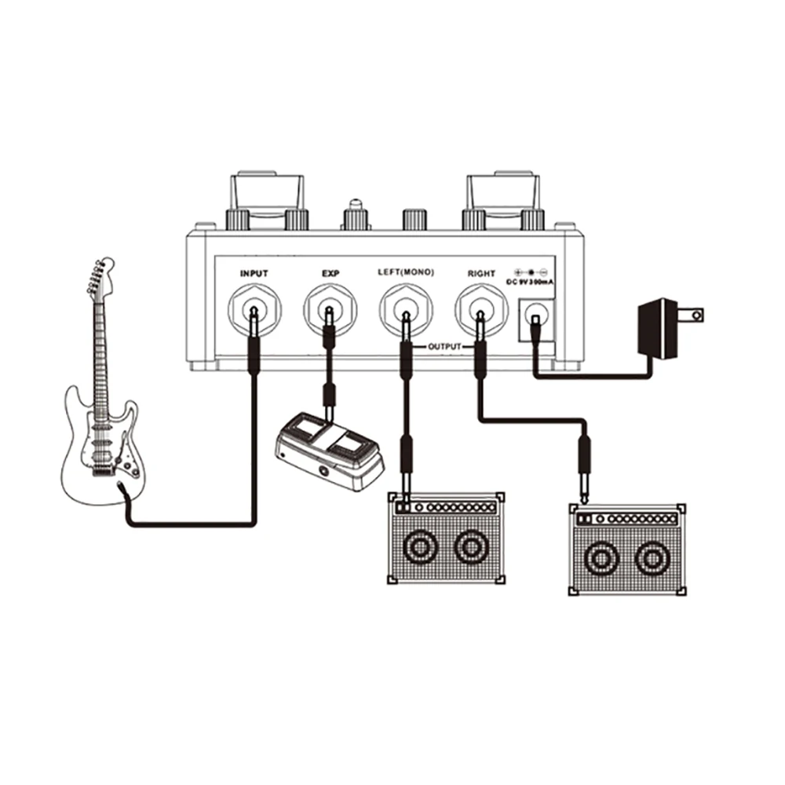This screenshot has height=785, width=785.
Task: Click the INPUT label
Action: click(254, 273)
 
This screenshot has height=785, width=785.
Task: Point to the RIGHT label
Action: click(481, 273)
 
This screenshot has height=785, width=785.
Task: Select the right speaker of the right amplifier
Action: click(651, 558)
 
